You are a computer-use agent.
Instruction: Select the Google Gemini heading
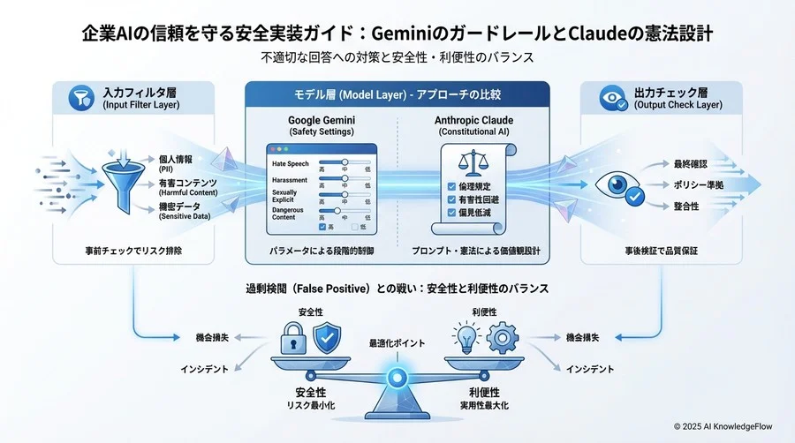[322, 120]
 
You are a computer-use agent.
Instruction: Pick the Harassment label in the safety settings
[290, 180]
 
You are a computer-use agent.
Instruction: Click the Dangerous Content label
[290, 213]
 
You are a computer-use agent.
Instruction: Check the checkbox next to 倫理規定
[452, 186]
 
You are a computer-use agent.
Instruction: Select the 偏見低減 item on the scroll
[475, 214]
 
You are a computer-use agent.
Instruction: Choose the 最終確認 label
[690, 164]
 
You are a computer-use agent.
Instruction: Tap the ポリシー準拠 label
[699, 184]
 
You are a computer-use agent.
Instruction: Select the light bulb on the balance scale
[466, 337]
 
